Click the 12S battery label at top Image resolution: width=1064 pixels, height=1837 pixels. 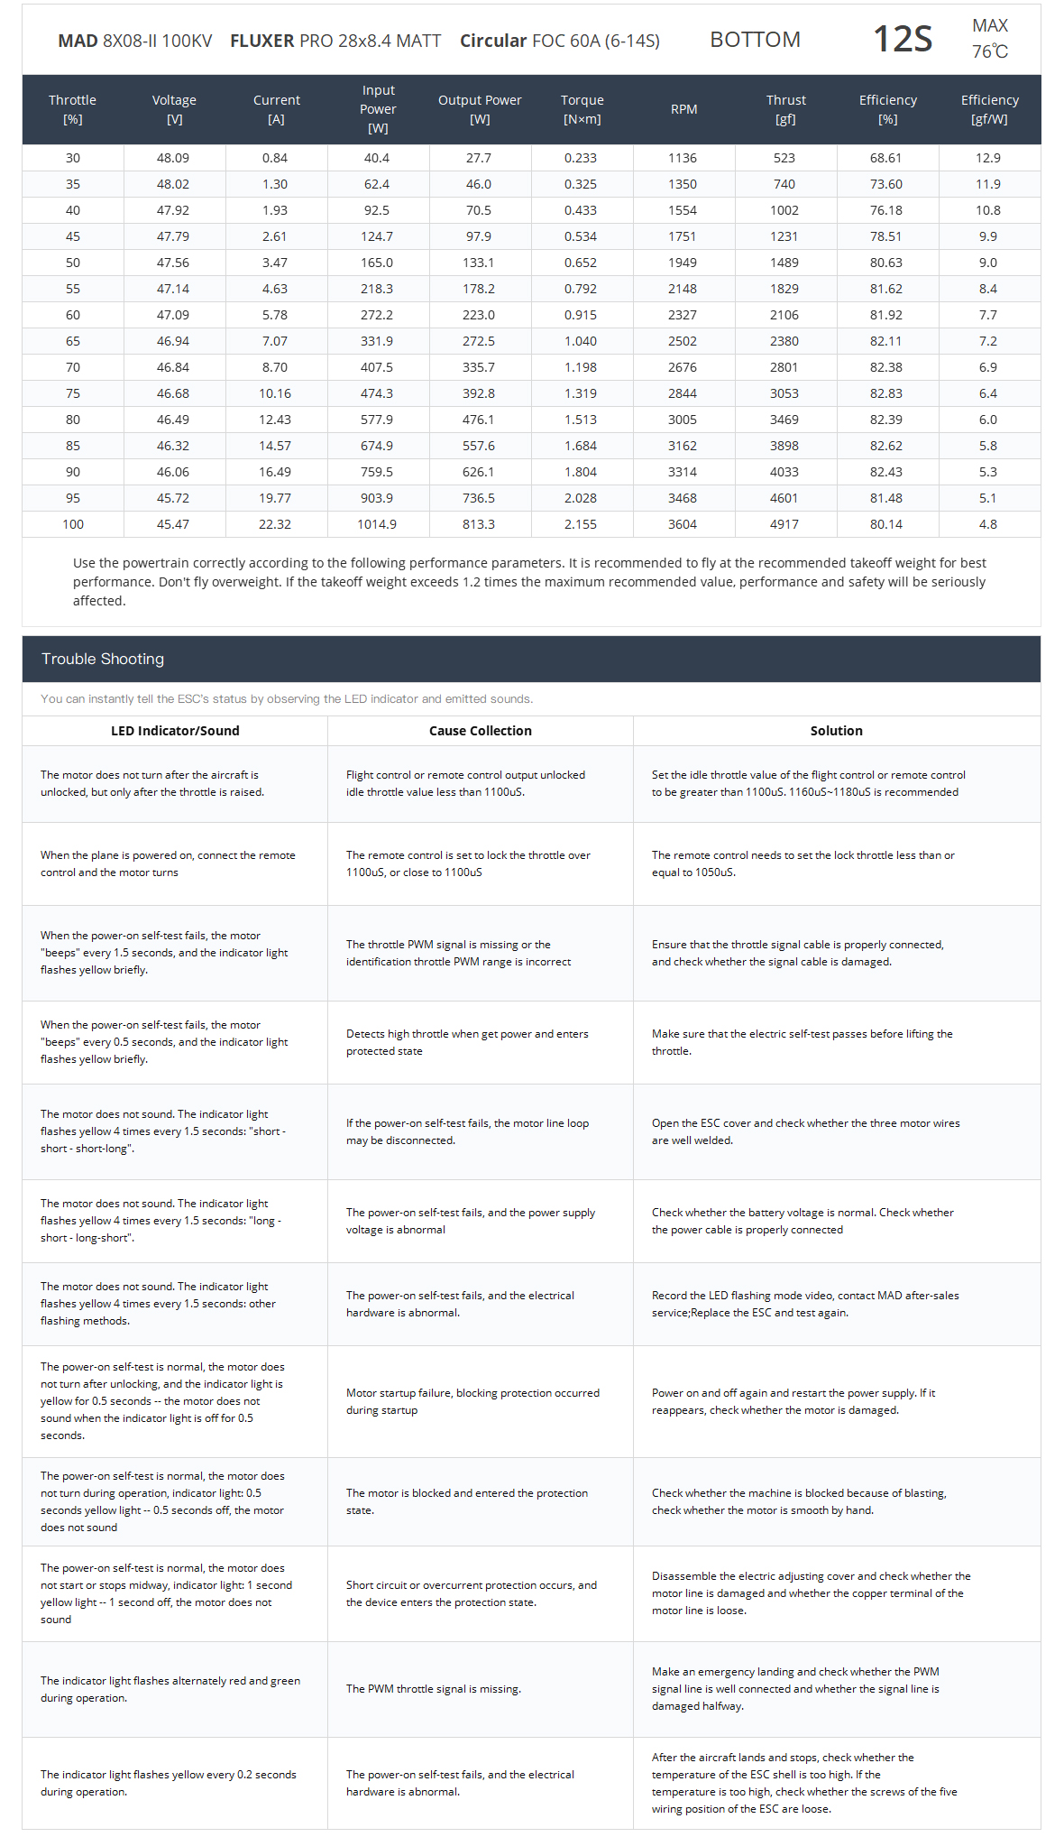point(903,39)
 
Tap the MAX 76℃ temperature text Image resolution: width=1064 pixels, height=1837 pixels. point(990,39)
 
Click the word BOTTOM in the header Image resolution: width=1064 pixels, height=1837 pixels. point(755,40)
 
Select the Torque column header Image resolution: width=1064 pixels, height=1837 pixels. point(582,109)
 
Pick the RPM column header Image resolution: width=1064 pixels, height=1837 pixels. point(683,109)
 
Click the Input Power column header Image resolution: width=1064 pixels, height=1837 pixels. point(378,109)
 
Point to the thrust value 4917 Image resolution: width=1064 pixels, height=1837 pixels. point(784,524)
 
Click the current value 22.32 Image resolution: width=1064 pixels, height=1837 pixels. point(274,524)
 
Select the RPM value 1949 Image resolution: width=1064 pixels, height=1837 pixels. point(682,263)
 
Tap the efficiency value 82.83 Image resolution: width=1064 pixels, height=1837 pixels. point(886,393)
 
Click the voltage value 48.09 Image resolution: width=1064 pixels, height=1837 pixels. point(173,158)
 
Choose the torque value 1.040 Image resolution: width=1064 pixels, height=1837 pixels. point(580,341)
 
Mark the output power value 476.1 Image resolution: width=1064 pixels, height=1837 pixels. point(479,420)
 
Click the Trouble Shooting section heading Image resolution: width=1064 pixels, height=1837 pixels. point(103,659)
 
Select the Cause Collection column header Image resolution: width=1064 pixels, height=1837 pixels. point(480,731)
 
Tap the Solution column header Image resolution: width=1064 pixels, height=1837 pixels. point(836,731)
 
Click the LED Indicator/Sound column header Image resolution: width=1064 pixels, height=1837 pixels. point(175,731)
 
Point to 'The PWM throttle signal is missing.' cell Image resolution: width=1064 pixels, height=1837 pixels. point(434,1689)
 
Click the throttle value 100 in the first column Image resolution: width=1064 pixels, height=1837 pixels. point(73,524)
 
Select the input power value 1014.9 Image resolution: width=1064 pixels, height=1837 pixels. point(377,524)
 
